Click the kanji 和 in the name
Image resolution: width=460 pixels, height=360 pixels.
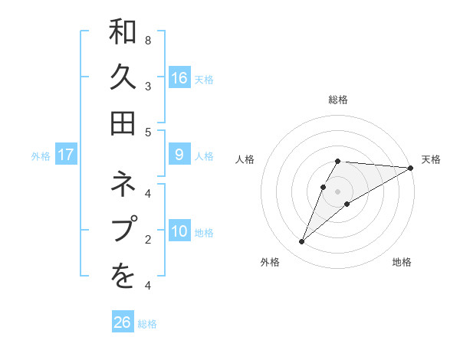(123, 34)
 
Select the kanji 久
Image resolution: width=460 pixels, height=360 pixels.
(123, 77)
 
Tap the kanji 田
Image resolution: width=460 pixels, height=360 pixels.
(123, 123)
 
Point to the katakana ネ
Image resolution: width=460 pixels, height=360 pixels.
(123, 185)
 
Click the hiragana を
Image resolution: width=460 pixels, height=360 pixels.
(123, 277)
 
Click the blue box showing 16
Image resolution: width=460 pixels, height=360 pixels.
(179, 78)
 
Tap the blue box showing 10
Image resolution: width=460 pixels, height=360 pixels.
(179, 232)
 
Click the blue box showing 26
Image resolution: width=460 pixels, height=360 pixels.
(123, 322)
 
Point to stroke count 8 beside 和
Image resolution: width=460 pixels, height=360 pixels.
(148, 40)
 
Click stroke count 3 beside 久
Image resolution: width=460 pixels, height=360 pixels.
(148, 86)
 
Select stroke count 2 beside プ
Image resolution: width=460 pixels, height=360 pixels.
(148, 239)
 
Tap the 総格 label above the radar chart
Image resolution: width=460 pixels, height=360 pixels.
(338, 100)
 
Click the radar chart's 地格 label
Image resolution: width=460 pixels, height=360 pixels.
(402, 262)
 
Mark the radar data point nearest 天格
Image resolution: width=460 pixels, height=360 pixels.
(411, 168)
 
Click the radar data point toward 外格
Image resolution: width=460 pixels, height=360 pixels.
(302, 242)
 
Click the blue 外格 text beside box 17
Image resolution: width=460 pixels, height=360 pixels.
(41, 156)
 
